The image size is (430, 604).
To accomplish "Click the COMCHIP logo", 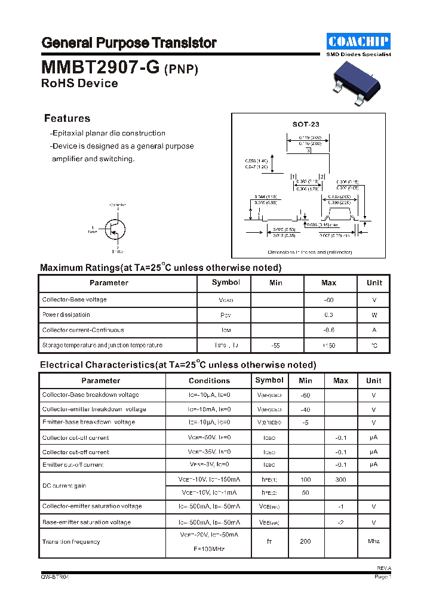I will coord(358,41).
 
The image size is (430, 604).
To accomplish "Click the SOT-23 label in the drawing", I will coord(306,124).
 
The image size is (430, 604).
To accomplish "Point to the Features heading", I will coord(67,118).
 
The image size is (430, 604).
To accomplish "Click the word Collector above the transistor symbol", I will coord(118,205).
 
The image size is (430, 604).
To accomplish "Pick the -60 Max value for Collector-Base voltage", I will coord(328,300).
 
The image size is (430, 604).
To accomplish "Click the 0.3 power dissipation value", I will coord(328,315).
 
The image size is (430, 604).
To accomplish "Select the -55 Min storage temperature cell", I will coord(276,346).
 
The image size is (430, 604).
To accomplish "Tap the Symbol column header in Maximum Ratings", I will coord(226,282).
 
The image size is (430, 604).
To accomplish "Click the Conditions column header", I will coord(209,381).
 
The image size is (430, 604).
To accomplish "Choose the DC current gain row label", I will coord(64,486).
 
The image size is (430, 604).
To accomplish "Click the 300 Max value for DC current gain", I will coord(340,479).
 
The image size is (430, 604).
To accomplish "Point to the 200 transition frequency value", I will coord(305,541).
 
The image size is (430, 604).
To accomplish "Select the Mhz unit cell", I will coord(373,541).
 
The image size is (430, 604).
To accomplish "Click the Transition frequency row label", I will coord(71,542).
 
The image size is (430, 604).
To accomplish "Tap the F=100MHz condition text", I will coord(208,548).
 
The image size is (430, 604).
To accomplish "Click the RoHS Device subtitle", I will coord(79,84).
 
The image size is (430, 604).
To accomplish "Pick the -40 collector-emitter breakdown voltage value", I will coord(305,409).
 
